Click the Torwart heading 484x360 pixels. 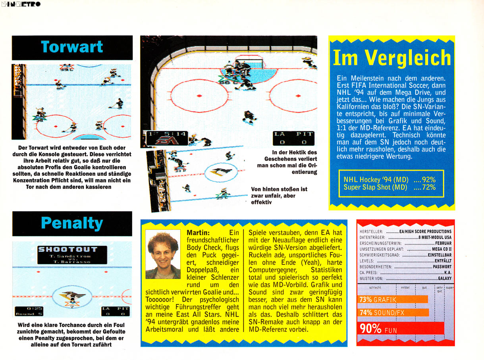(x=72, y=47)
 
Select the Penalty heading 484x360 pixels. (x=72, y=223)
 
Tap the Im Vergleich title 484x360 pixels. (x=391, y=58)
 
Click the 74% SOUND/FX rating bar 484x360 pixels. (x=393, y=313)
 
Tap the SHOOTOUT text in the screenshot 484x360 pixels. (x=67, y=250)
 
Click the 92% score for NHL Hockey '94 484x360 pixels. (x=427, y=179)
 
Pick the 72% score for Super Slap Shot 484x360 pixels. (x=427, y=187)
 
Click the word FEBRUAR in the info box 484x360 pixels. (x=443, y=243)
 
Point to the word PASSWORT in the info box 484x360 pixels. (x=442, y=267)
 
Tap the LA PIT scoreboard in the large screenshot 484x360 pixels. (x=293, y=138)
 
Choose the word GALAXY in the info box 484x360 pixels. (x=444, y=279)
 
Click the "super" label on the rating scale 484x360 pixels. (x=449, y=287)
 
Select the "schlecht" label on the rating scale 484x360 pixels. (x=375, y=287)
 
